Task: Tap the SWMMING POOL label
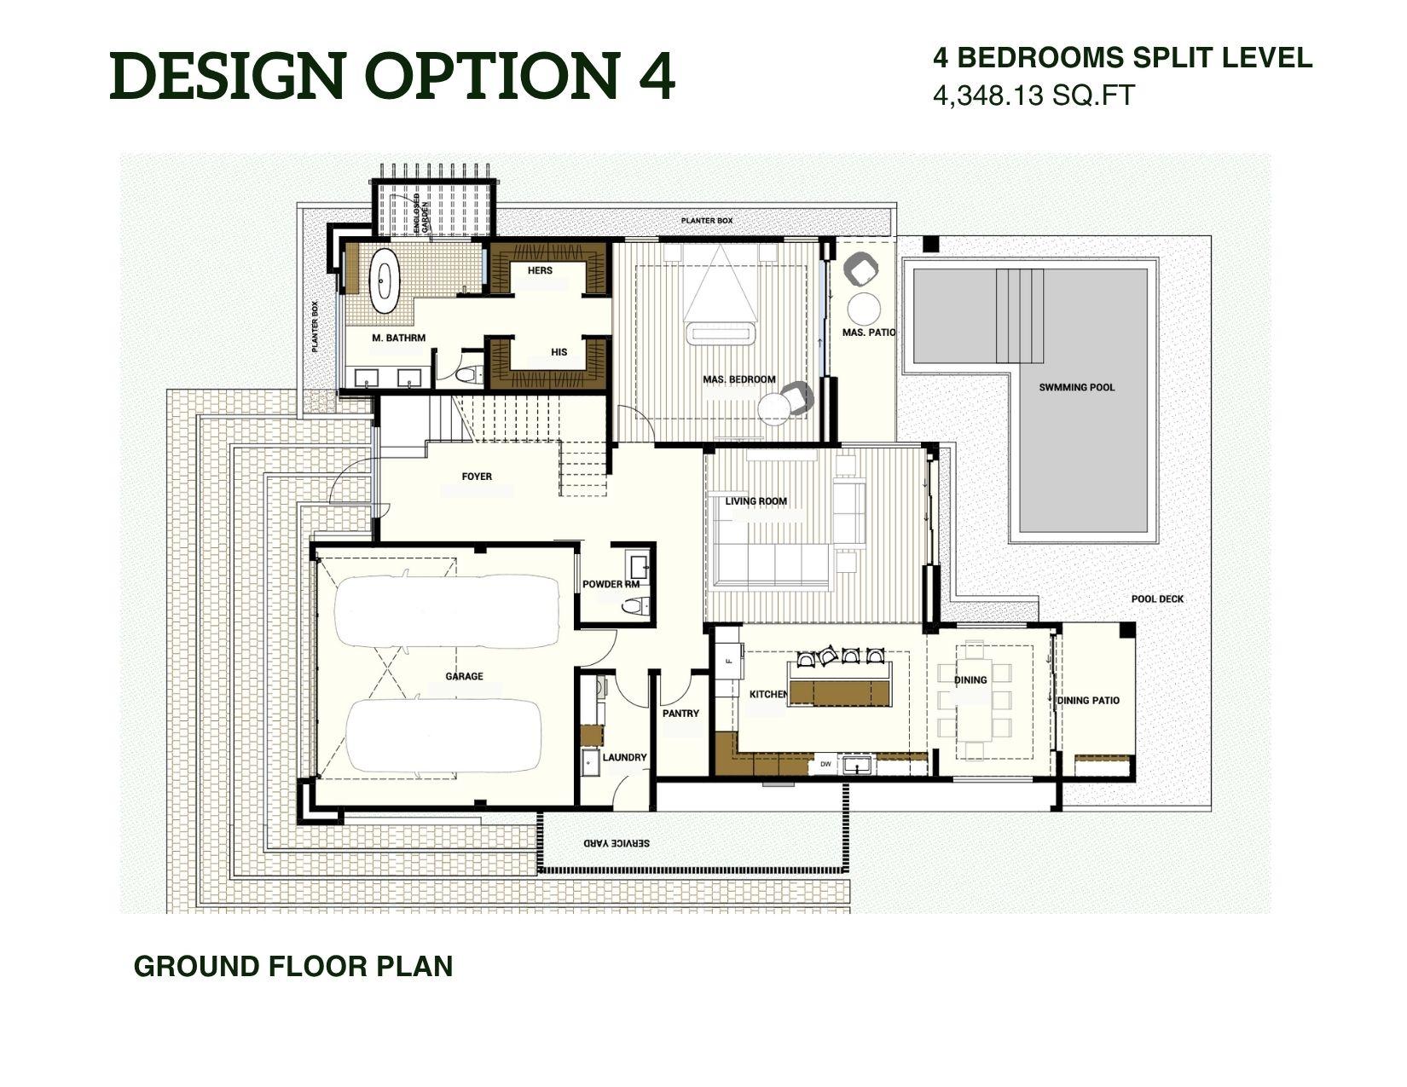click(1076, 387)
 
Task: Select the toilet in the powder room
click(633, 606)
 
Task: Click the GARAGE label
click(464, 676)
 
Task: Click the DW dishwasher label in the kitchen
click(825, 764)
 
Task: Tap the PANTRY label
click(680, 714)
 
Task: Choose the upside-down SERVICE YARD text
click(617, 842)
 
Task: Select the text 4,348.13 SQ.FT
click(1034, 95)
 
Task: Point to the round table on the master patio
click(865, 309)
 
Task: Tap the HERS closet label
click(540, 270)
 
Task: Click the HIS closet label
click(559, 351)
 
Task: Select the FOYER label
click(477, 477)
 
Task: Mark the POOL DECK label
click(1157, 598)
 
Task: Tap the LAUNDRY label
click(624, 757)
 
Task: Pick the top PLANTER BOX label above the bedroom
click(706, 221)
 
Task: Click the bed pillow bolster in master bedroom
click(721, 333)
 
